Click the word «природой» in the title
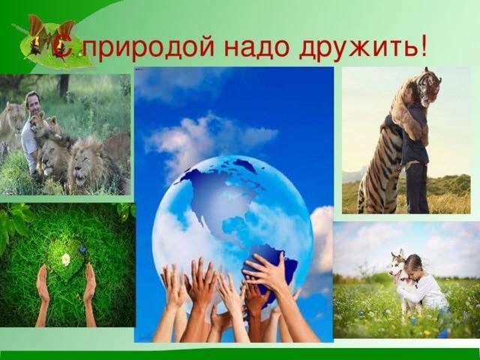151,46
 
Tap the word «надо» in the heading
256,46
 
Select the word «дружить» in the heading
357,46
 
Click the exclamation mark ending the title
423,45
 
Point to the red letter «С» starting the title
62,46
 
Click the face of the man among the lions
32,103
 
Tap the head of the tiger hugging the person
429,86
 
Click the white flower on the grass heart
66,259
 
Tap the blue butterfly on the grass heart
82,249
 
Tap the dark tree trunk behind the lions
64,86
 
